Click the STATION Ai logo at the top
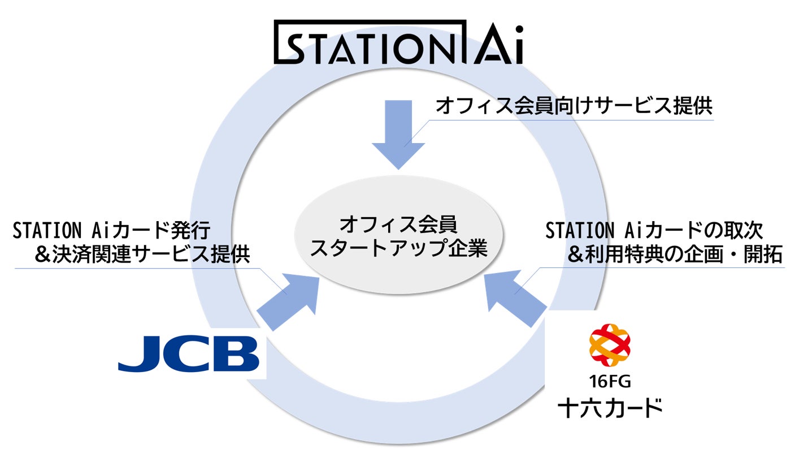click(399, 42)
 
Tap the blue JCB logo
click(189, 353)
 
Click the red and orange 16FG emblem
click(609, 345)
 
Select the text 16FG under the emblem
click(609, 382)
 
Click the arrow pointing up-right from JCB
click(286, 300)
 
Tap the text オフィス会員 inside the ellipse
click(398, 225)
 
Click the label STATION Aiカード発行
click(111, 231)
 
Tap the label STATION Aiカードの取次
click(654, 231)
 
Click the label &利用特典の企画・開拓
click(675, 255)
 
